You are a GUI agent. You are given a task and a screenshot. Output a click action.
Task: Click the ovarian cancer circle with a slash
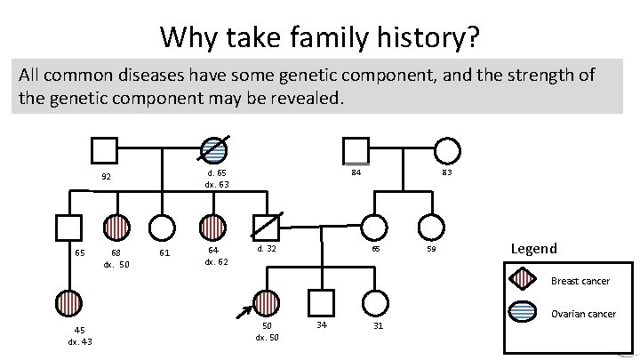click(213, 151)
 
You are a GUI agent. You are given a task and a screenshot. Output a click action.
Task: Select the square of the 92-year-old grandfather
click(105, 151)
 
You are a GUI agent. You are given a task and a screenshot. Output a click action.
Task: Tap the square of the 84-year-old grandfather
click(356, 151)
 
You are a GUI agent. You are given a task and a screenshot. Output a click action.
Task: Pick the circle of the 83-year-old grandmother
click(447, 151)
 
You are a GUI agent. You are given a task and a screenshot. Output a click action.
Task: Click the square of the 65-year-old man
click(67, 227)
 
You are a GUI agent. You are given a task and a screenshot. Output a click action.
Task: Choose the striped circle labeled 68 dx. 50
click(116, 227)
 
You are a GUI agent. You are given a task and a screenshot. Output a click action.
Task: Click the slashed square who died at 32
click(265, 227)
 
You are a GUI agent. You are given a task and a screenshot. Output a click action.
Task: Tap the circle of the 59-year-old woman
click(432, 227)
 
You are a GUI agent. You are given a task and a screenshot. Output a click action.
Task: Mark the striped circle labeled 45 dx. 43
click(67, 302)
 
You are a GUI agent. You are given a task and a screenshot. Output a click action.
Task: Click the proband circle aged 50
click(266, 302)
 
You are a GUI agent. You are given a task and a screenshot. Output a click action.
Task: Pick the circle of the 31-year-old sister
click(378, 302)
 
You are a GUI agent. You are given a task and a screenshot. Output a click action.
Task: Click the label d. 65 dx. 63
click(216, 179)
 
